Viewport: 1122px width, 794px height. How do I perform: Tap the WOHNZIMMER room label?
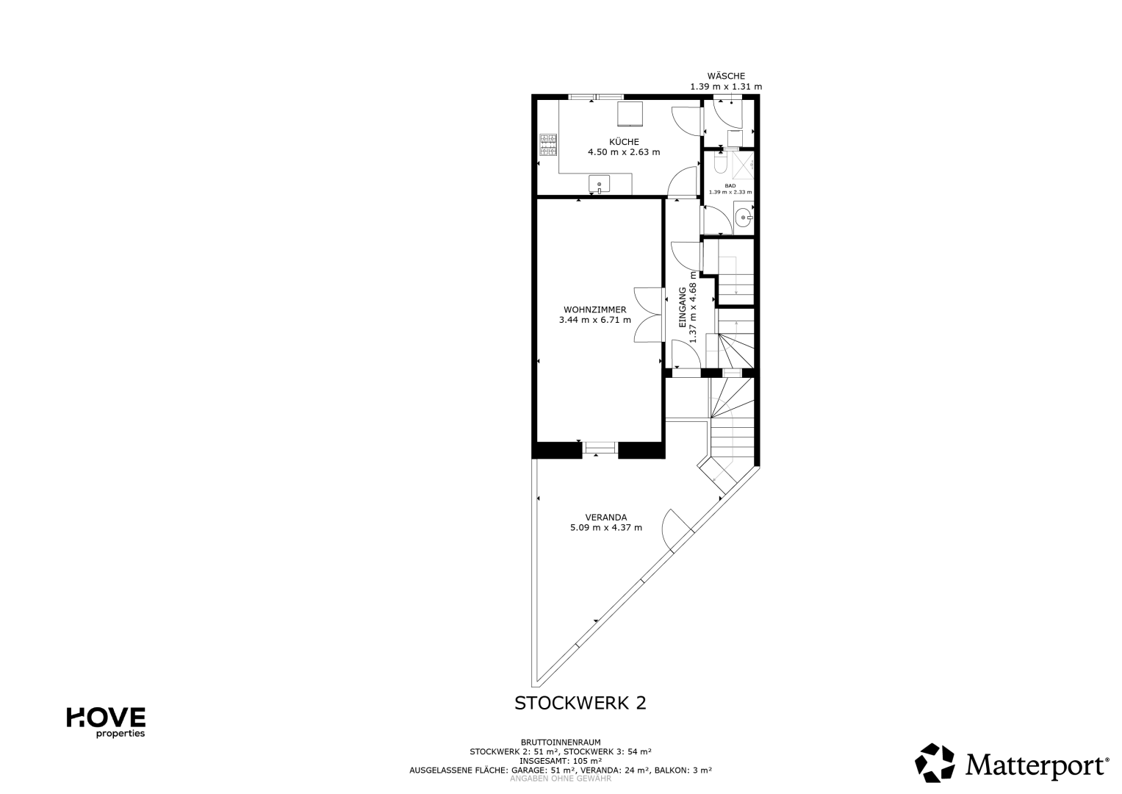tap(594, 310)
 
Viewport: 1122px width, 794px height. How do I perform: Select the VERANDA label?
tap(606, 518)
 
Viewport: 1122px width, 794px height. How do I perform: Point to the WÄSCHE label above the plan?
tap(726, 76)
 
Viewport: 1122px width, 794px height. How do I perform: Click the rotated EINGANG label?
tap(682, 307)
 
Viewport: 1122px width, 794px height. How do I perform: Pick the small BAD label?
tap(730, 185)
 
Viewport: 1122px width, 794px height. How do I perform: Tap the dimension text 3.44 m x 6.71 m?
tap(594, 320)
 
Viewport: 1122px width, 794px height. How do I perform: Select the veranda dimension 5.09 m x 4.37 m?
tap(606, 527)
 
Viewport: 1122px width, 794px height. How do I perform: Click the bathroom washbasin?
tap(744, 218)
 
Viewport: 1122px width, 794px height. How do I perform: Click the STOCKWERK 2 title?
tap(580, 703)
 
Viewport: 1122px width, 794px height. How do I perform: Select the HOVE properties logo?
tap(106, 722)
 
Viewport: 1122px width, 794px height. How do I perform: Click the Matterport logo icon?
tap(935, 762)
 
